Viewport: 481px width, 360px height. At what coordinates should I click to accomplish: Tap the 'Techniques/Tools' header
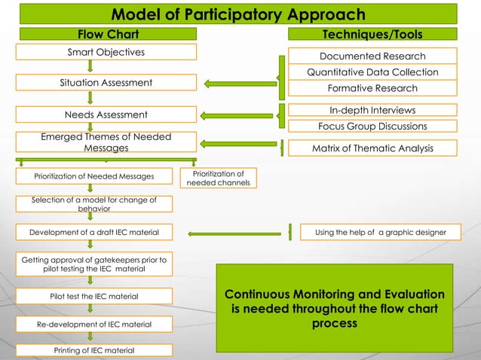coord(372,35)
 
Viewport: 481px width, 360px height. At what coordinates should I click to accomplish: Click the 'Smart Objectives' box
coord(106,52)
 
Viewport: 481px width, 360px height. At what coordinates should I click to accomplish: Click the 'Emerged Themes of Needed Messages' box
coord(106,143)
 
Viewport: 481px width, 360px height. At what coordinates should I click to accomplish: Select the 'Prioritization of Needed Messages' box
coord(93,177)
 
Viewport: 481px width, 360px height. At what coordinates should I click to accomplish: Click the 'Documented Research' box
coord(372,56)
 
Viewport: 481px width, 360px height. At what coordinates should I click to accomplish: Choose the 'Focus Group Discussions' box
coord(372,126)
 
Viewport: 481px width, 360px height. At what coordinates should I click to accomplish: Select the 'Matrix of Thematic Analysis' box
coord(372,148)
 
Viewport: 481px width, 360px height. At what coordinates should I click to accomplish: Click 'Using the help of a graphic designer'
coord(379,233)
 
